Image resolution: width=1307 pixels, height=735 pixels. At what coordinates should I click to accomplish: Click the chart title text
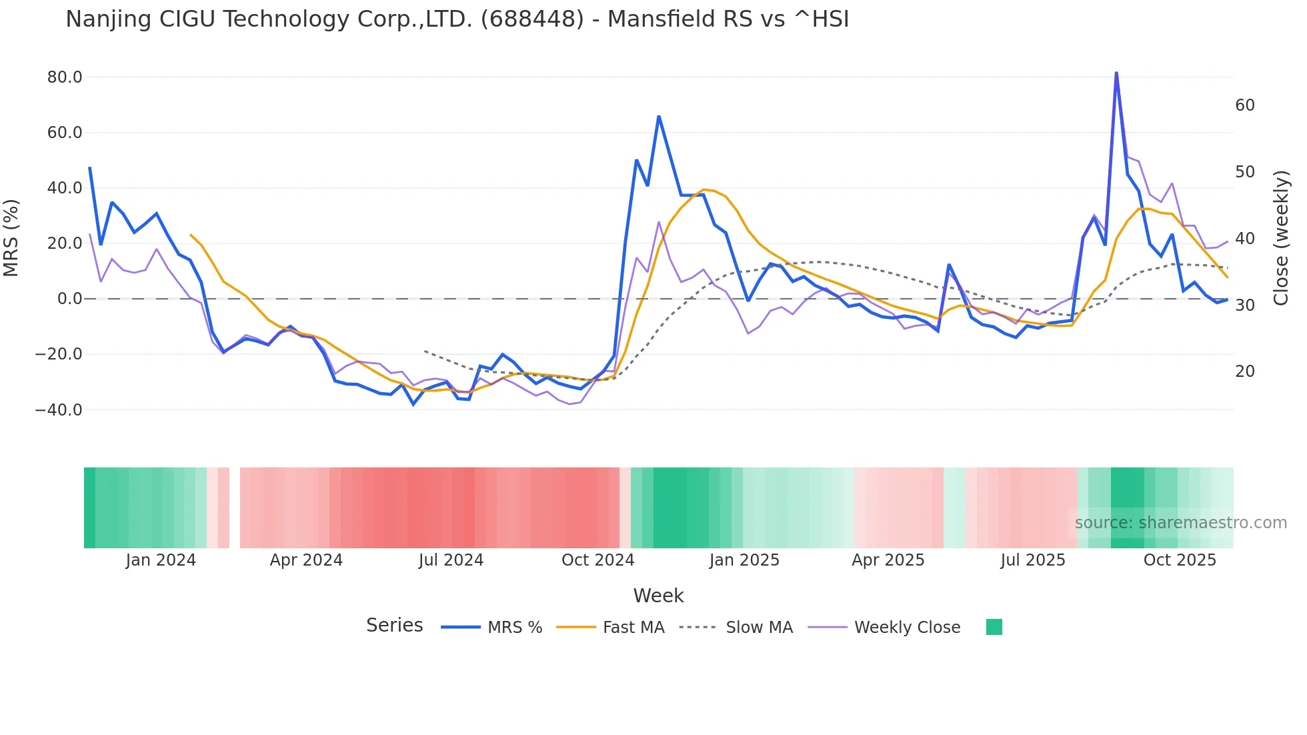pos(457,19)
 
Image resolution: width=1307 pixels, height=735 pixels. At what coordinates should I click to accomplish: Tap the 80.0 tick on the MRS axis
pos(65,77)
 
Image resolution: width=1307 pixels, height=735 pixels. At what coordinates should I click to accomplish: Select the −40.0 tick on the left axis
pos(59,410)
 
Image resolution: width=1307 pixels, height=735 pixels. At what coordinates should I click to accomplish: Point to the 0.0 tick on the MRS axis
pos(69,299)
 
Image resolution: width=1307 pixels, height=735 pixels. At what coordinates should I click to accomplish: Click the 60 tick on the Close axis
pos(1244,105)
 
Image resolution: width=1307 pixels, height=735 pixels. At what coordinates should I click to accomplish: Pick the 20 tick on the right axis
pos(1244,372)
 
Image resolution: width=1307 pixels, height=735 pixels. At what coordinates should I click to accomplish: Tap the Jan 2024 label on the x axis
pos(161,560)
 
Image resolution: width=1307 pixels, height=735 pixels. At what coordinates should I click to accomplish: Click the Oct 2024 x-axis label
pos(597,560)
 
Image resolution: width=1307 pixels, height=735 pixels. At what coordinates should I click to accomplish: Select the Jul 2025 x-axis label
pos(1033,560)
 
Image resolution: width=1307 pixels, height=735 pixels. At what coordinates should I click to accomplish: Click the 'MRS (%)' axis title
pos(11,238)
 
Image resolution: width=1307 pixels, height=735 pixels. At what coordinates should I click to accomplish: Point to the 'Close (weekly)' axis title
pos(1281,238)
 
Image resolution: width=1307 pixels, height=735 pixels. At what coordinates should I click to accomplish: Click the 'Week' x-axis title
pos(658,596)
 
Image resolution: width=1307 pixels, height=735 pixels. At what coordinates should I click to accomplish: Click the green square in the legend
pos(994,627)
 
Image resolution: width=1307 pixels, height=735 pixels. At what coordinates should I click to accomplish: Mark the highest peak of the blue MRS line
pos(1116,73)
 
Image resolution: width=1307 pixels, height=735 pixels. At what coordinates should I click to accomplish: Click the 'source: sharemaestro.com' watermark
pos(1180,523)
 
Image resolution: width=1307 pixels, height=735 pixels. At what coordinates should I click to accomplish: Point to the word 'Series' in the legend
pos(394,626)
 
